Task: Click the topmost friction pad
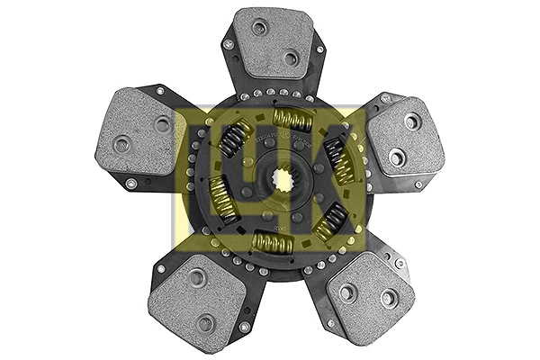(274, 43)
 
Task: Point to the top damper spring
(293, 120)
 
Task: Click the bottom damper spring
(273, 241)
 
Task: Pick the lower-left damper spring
(222, 199)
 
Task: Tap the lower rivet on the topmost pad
(291, 58)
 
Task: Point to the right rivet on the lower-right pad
(388, 297)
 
